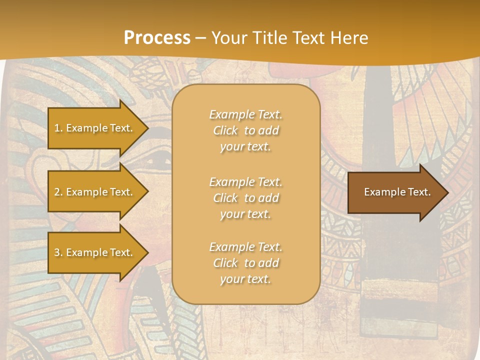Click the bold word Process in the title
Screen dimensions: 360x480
point(157,38)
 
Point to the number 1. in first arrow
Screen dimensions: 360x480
point(58,128)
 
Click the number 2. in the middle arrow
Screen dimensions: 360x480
point(58,192)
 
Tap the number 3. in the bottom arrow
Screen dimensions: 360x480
point(58,252)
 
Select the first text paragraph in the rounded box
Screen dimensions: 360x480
point(245,130)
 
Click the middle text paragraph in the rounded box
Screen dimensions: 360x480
point(245,198)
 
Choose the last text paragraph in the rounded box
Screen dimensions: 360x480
point(245,263)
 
